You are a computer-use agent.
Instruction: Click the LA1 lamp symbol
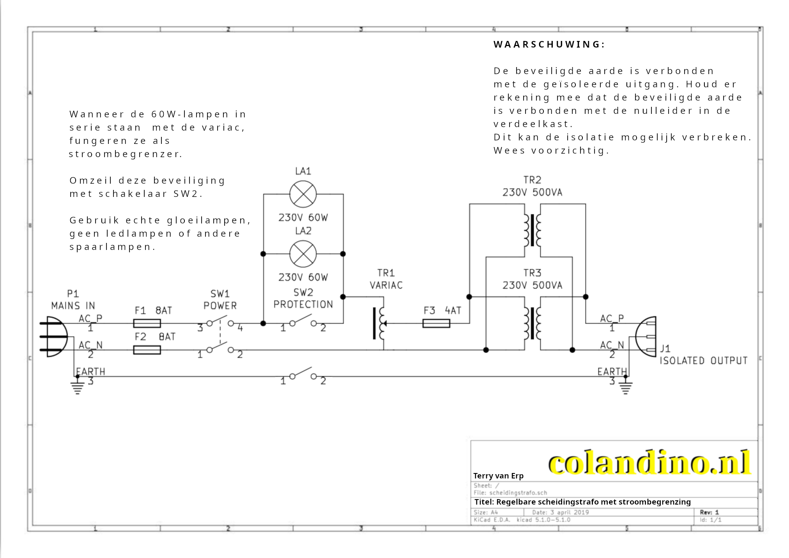click(303, 194)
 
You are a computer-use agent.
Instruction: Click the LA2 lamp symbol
click(303, 254)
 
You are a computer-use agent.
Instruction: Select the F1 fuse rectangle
click(147, 323)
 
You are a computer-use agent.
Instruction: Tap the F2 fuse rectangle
click(147, 350)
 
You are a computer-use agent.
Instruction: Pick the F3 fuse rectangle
click(436, 323)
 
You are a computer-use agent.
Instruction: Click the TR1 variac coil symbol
click(381, 324)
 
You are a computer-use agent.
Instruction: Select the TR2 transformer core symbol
click(532, 230)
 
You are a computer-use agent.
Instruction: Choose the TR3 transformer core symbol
click(532, 323)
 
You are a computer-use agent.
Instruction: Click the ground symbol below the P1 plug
click(78, 387)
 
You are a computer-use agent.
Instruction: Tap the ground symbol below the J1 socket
click(625, 387)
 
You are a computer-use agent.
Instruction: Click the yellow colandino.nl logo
click(649, 463)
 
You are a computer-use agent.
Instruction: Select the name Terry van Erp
click(498, 476)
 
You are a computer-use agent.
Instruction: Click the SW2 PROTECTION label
click(303, 299)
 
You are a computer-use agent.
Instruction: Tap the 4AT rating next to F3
click(453, 310)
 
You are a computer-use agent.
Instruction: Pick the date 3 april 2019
click(569, 512)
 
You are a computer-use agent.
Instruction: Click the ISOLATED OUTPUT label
click(703, 361)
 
